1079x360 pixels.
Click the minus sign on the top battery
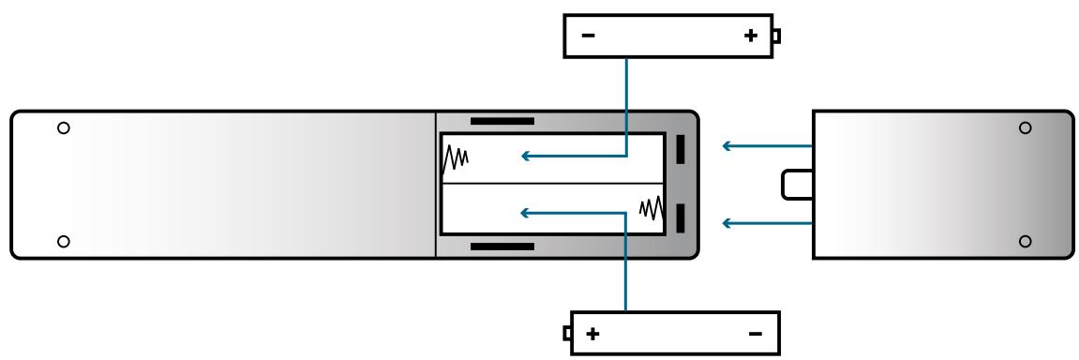(588, 37)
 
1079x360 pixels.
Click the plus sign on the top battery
(750, 37)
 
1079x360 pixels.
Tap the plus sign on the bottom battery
(592, 334)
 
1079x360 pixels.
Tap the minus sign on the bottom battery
(756, 334)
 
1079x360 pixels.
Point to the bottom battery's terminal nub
(566, 333)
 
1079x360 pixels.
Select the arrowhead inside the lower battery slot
(527, 213)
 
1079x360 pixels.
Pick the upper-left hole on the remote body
(63, 127)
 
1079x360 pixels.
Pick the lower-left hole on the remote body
(63, 241)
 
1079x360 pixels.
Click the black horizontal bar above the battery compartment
(502, 122)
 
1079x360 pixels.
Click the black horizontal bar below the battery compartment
(502, 247)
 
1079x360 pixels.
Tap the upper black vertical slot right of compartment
(681, 150)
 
